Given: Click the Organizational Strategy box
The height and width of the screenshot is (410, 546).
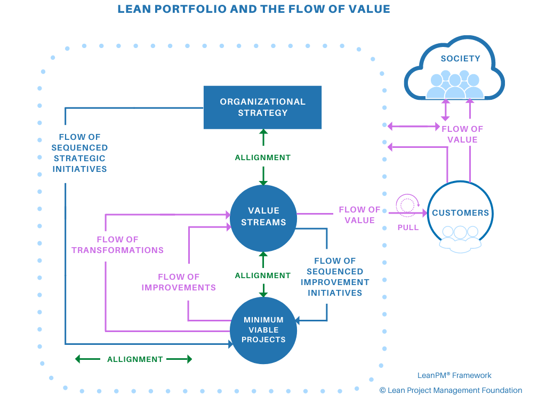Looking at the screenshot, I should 262,107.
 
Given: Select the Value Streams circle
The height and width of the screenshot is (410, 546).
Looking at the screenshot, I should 263,218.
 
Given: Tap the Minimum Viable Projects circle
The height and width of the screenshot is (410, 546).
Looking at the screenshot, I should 263,330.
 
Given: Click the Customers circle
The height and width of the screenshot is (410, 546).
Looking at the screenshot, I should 460,212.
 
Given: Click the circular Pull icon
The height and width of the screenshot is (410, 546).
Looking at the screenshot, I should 407,205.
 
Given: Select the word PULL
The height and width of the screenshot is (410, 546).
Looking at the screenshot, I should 408,227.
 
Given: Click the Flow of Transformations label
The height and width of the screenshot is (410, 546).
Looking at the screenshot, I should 118,245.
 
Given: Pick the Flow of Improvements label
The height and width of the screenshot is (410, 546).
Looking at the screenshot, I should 179,282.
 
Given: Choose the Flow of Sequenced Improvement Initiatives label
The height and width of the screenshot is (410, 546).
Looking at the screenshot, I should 335,277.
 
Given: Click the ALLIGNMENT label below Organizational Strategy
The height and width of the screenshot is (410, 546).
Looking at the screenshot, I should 263,157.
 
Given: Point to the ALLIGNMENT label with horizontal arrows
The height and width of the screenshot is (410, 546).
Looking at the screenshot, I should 135,359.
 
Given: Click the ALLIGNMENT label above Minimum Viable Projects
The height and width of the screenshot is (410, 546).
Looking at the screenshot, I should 263,275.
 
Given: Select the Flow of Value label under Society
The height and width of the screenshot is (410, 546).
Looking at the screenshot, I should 462,134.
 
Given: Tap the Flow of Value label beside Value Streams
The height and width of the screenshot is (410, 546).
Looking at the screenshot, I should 360,215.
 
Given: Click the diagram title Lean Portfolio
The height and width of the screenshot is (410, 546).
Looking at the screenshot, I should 254,9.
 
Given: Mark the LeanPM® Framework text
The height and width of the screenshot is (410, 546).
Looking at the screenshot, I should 454,375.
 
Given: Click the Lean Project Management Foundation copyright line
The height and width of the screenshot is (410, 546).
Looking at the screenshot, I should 451,390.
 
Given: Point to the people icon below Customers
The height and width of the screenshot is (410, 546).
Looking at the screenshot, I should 460,239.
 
